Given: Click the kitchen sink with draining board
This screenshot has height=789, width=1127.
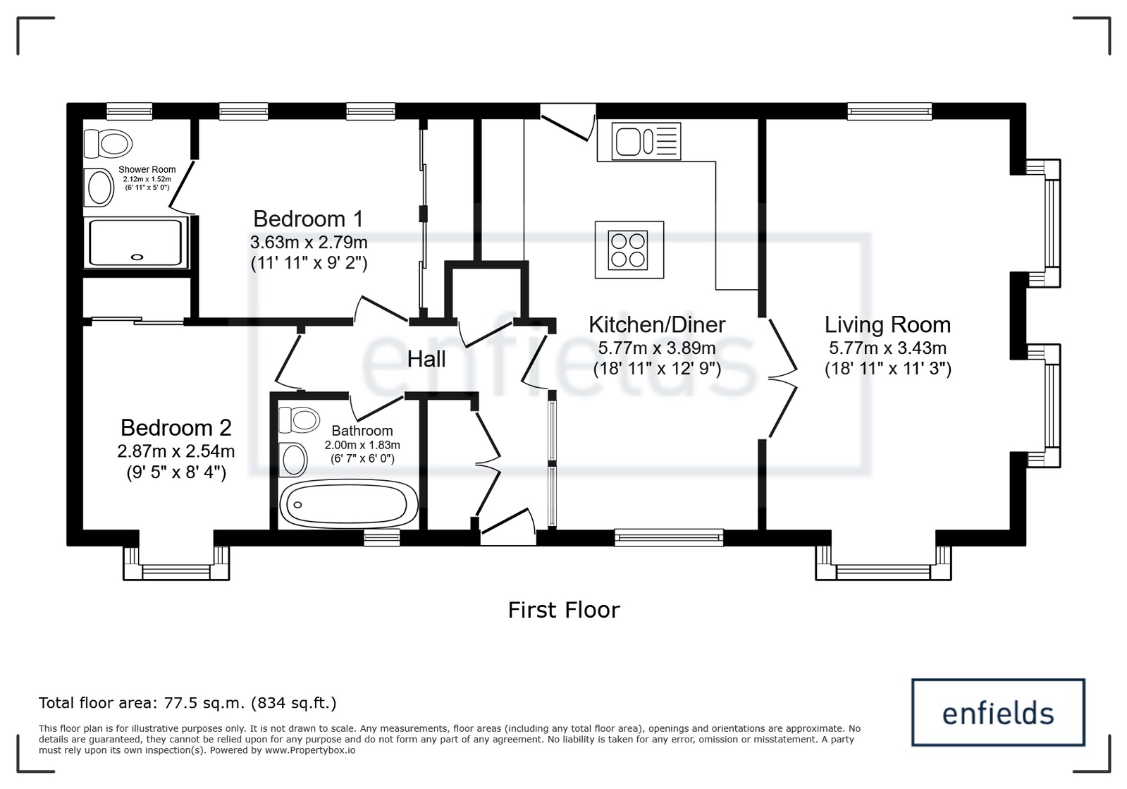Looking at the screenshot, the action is (x=646, y=141).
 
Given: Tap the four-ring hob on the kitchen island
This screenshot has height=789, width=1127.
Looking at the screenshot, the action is (x=628, y=250).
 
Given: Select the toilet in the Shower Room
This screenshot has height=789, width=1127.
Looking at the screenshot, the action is (x=108, y=143).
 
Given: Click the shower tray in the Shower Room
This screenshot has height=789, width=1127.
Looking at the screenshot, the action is (x=135, y=243).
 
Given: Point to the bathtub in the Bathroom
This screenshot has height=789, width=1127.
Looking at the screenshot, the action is (x=349, y=504).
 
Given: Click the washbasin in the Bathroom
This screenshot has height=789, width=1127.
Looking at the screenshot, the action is (x=292, y=460).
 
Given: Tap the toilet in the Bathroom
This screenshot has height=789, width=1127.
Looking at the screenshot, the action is (x=299, y=420).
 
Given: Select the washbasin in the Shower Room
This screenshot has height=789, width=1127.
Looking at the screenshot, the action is (x=99, y=187).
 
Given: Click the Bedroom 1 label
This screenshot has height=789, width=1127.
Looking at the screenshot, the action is (x=308, y=219).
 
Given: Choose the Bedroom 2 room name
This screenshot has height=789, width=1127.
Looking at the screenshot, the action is (x=176, y=428).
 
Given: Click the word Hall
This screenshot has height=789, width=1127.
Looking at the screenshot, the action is (x=426, y=360).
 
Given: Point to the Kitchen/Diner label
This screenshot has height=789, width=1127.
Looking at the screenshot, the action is (x=657, y=324).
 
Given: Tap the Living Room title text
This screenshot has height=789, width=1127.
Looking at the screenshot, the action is (x=887, y=324).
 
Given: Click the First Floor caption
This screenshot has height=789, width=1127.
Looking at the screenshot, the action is (x=564, y=610).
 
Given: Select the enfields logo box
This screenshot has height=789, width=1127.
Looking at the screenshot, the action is (x=998, y=712).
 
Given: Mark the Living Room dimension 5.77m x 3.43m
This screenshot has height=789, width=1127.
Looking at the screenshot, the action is (x=887, y=348).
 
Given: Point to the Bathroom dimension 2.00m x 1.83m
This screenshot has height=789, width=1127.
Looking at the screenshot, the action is (x=362, y=446).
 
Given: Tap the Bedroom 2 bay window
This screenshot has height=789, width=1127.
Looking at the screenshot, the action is (x=176, y=563).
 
